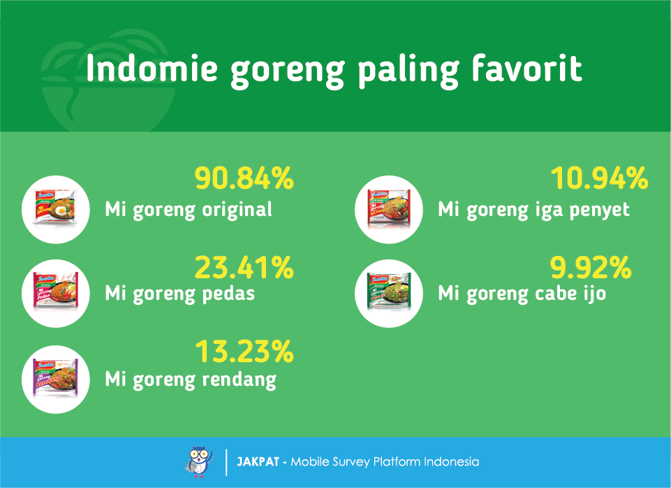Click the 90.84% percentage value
244,178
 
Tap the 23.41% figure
244,268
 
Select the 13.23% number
245,352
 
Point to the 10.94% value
599,178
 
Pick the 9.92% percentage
591,268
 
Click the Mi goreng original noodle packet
56,208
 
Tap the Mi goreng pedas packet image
56,292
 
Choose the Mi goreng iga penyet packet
389,208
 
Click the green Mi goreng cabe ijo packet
389,292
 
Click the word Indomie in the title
152,68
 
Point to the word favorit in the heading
526,68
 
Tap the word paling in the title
408,71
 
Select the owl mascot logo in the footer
199,461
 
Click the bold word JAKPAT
258,462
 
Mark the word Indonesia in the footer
452,462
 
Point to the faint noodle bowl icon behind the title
109,80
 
